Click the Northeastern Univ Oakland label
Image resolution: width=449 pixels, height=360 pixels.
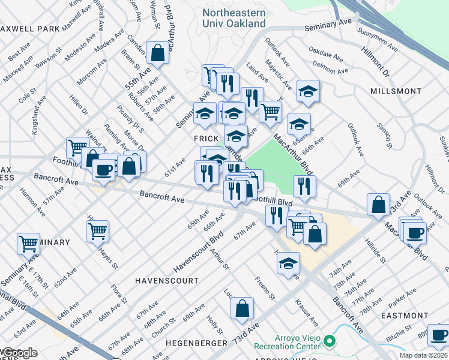click(x=234, y=18)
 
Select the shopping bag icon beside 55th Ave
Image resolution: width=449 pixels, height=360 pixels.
click(x=157, y=53)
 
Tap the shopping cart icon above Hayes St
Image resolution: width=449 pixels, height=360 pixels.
click(x=98, y=231)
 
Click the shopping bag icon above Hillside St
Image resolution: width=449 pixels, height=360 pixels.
click(x=379, y=205)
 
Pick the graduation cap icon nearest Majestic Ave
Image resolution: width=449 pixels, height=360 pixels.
click(x=308, y=91)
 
